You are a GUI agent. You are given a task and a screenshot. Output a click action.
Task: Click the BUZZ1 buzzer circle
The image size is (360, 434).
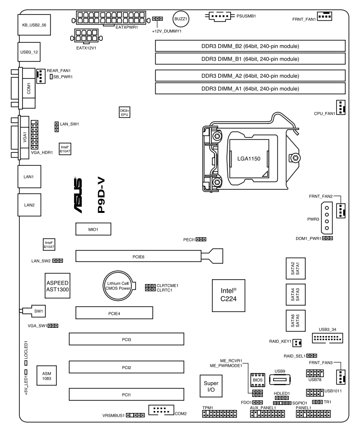[x=181, y=19]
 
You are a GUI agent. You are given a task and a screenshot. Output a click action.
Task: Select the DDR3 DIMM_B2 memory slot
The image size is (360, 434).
[x=250, y=46]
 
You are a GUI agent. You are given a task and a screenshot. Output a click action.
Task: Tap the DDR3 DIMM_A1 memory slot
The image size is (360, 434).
[x=250, y=88]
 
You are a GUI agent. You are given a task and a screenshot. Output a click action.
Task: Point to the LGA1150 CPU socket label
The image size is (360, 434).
[x=249, y=159]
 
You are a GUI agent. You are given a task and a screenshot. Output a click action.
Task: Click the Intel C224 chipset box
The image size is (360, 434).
[x=229, y=295]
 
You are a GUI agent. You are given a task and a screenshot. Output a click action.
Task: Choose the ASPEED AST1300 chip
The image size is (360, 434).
[x=58, y=286]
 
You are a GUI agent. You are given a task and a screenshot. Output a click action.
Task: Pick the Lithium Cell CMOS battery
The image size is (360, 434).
[x=118, y=286]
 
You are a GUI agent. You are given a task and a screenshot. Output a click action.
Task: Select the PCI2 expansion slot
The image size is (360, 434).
[x=126, y=367]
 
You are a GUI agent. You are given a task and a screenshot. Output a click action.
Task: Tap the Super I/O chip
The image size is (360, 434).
[x=211, y=386]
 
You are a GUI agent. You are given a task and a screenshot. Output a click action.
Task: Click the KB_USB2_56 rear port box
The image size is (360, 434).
[x=34, y=25]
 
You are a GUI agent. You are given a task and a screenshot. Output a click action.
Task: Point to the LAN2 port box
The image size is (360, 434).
[x=29, y=205]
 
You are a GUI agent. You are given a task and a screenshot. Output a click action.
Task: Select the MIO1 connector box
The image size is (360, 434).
[x=93, y=229]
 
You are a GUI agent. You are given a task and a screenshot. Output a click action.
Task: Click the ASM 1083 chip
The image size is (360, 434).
[x=47, y=375]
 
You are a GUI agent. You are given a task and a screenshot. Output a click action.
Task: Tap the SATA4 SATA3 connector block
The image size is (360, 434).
[x=296, y=295]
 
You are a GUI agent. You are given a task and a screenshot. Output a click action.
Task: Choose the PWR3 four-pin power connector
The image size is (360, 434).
[x=327, y=218]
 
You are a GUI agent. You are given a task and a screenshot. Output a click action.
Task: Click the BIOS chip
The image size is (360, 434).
[x=258, y=380]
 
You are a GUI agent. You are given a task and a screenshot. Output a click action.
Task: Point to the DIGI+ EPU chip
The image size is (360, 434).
[x=124, y=112]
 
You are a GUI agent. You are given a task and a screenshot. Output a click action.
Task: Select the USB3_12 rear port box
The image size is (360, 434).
[x=29, y=52]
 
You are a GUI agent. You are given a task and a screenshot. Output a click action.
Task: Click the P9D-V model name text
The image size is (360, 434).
[x=101, y=196]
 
